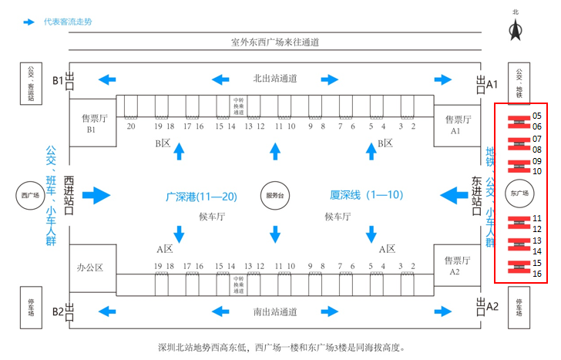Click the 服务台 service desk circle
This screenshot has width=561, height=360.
pos(275,196)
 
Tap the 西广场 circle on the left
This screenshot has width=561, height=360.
pos(31,196)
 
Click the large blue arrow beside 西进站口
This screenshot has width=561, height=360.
pos(96,195)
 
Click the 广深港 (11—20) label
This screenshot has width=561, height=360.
pos(201,197)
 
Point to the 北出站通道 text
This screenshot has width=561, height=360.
pos(275,79)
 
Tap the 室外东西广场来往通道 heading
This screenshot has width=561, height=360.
pos(275,42)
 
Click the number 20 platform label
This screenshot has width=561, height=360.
pos(132,126)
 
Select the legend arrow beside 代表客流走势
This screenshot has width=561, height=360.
pos(29,22)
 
